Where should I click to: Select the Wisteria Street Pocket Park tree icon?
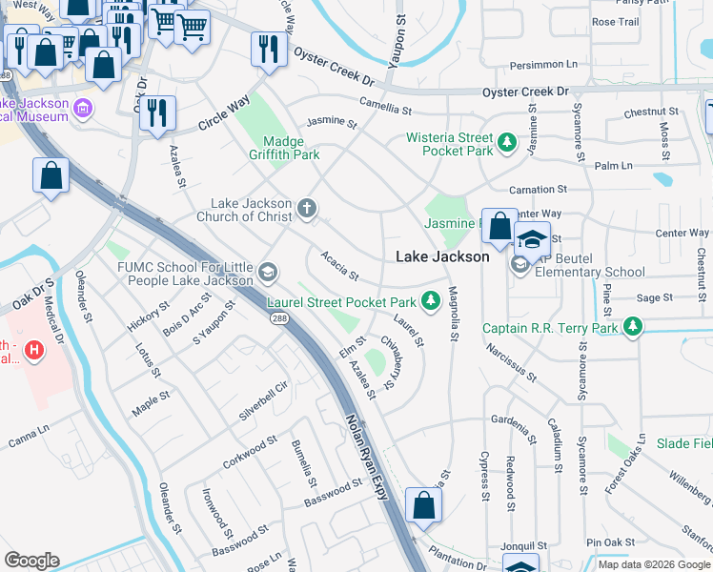pyautogui.click(x=508, y=144)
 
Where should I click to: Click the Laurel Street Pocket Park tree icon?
pyautogui.click(x=431, y=302)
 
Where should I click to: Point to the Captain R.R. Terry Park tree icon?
pyautogui.click(x=631, y=329)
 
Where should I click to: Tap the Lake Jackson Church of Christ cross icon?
pyautogui.click(x=306, y=208)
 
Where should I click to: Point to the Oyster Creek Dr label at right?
pyautogui.click(x=524, y=92)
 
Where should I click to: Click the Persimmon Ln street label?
pyautogui.click(x=544, y=65)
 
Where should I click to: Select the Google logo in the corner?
pyautogui.click(x=32, y=561)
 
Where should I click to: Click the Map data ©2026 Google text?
pyautogui.click(x=653, y=564)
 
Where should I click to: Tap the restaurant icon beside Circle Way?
pyautogui.click(x=157, y=111)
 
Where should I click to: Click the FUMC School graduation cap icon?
pyautogui.click(x=268, y=274)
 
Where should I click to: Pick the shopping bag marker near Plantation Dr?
pyautogui.click(x=424, y=505)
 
